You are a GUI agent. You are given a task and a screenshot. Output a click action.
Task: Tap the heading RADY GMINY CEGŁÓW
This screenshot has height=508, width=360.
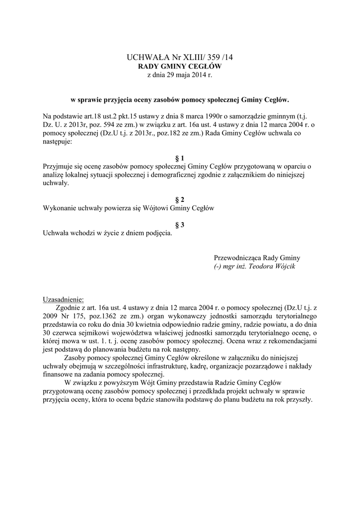[x=179, y=66]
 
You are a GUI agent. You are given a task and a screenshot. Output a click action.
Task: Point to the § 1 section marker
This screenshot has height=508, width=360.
[x=179, y=158]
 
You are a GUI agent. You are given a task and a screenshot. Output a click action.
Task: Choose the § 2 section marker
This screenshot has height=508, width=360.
[x=179, y=200]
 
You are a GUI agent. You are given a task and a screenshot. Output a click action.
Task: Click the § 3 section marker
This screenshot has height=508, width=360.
[x=179, y=225]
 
